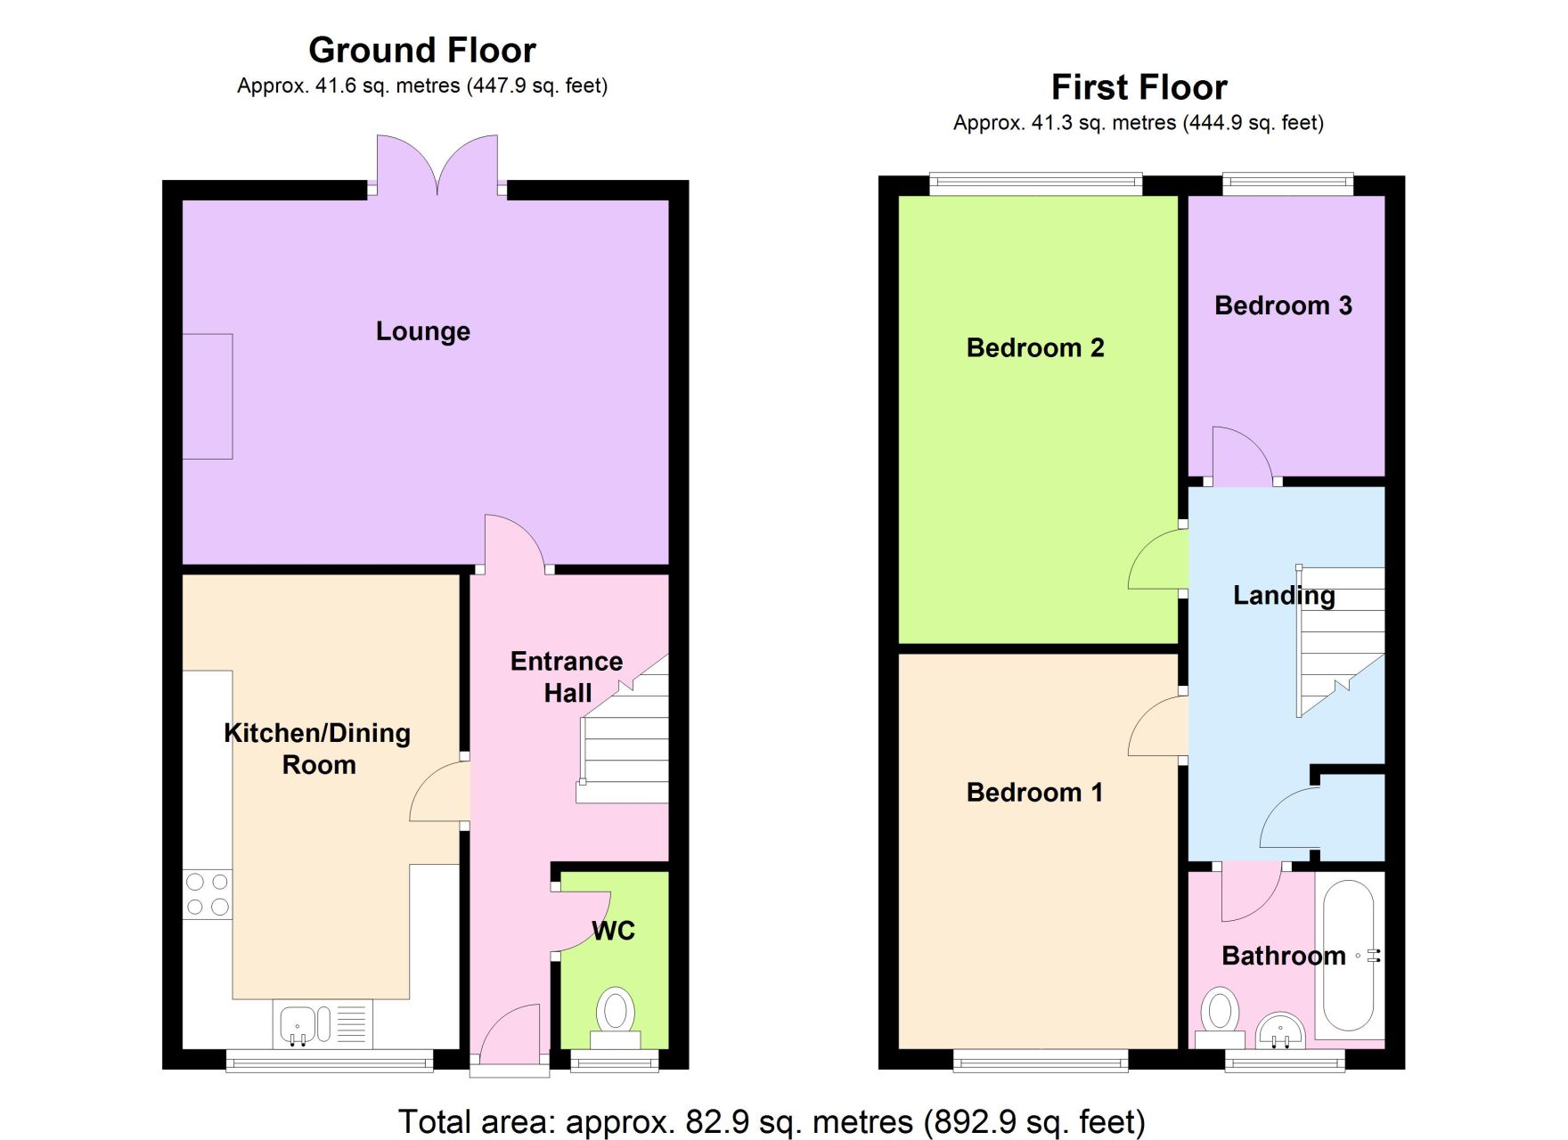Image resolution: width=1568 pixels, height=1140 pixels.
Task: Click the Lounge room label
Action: point(422,331)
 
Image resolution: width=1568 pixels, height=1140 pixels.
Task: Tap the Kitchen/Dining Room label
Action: point(317,748)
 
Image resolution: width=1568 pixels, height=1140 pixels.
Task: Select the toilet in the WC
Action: point(615,1019)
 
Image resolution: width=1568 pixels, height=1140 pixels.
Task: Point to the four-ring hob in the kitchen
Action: point(208,895)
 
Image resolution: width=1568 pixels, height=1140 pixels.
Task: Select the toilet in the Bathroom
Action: point(1220,1019)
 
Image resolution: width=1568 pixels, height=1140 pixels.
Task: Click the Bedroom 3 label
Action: point(1283,305)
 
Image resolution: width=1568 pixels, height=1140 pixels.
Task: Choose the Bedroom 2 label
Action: point(1035,347)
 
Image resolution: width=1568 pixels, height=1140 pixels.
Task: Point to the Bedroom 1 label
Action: point(1034,792)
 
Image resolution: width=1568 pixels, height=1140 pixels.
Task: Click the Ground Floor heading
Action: point(422,50)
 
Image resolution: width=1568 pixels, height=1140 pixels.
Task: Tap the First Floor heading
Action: point(1139,87)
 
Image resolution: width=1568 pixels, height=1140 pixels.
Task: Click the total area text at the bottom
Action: point(772,1121)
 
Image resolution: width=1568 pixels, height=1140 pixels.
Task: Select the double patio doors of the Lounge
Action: point(437,166)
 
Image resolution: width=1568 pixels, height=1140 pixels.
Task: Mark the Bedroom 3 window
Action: point(1287,185)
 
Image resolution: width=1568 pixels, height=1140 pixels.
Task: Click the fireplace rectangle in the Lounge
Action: point(208,396)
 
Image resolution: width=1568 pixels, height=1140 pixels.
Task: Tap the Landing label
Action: point(1284,595)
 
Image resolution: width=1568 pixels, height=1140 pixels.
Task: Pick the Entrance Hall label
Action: point(567,677)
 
